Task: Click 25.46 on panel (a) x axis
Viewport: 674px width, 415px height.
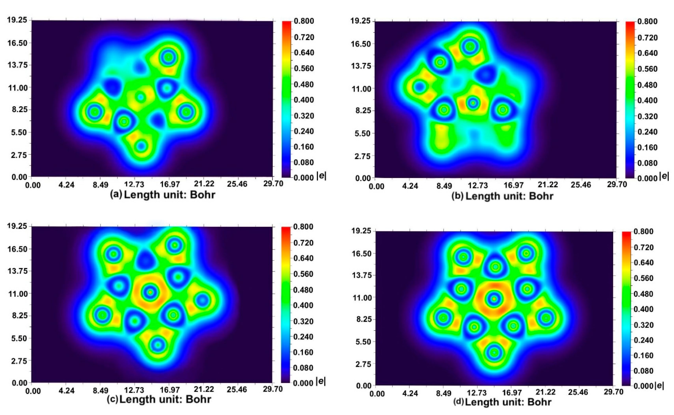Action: tap(237, 184)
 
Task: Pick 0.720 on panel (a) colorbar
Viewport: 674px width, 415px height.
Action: tap(304, 37)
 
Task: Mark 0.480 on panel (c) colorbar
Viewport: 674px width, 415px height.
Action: tap(303, 290)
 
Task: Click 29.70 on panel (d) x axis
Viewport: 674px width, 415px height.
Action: tap(613, 392)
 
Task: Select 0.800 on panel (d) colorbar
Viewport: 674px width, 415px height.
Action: tap(643, 231)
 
